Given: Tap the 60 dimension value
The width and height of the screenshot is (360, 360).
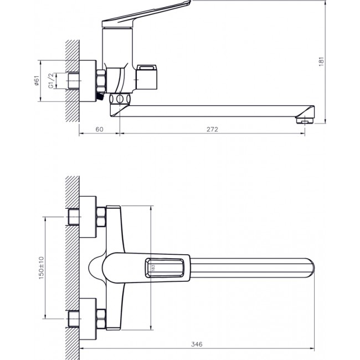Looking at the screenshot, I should (x=100, y=129).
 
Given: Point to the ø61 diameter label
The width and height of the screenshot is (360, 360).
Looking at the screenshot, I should (x=36, y=81).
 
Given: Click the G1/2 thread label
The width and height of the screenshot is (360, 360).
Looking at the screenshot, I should (x=50, y=81).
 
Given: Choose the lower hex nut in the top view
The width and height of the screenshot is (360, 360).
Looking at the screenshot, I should (x=101, y=320).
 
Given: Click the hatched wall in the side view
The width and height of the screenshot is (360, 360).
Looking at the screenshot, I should (x=73, y=81).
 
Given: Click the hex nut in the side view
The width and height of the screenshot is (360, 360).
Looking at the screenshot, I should (x=101, y=81).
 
